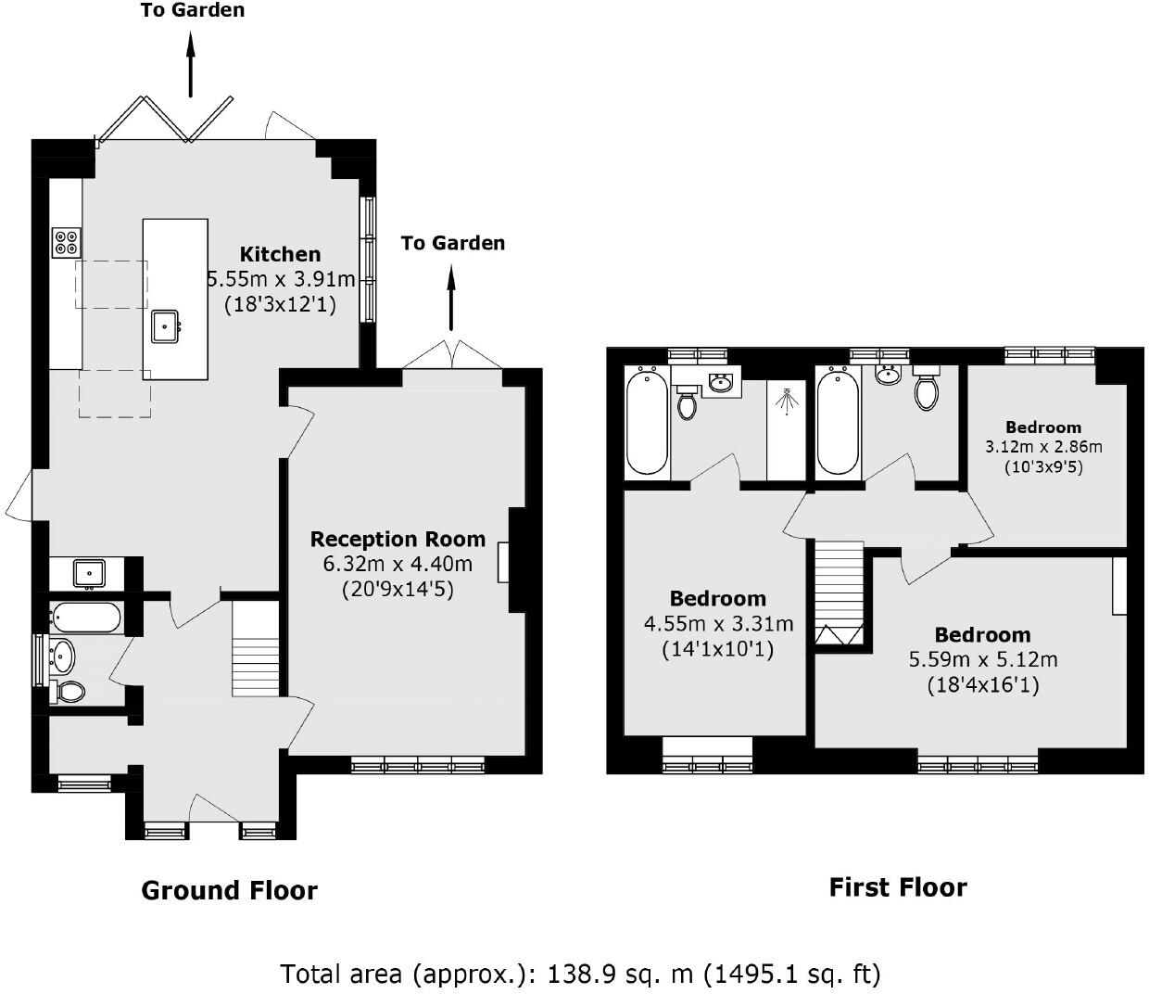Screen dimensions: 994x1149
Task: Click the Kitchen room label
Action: click(280, 254)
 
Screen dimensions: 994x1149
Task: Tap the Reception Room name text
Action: click(398, 539)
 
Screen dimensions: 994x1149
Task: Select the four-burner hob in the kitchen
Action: click(66, 242)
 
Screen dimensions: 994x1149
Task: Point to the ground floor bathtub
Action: click(85, 618)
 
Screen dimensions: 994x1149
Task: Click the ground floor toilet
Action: click(68, 691)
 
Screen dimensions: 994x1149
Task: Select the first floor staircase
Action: click(840, 593)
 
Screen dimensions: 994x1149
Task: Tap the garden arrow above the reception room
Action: click(451, 297)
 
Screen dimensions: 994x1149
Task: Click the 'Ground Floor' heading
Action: click(229, 891)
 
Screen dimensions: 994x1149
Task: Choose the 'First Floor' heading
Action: click(897, 887)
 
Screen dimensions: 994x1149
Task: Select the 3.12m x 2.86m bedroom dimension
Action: click(1043, 446)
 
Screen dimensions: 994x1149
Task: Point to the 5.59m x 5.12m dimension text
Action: click(982, 660)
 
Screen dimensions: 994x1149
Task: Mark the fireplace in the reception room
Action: click(504, 562)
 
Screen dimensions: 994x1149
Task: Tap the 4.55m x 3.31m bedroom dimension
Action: click(718, 624)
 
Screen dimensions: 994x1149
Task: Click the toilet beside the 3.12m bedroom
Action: click(926, 390)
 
